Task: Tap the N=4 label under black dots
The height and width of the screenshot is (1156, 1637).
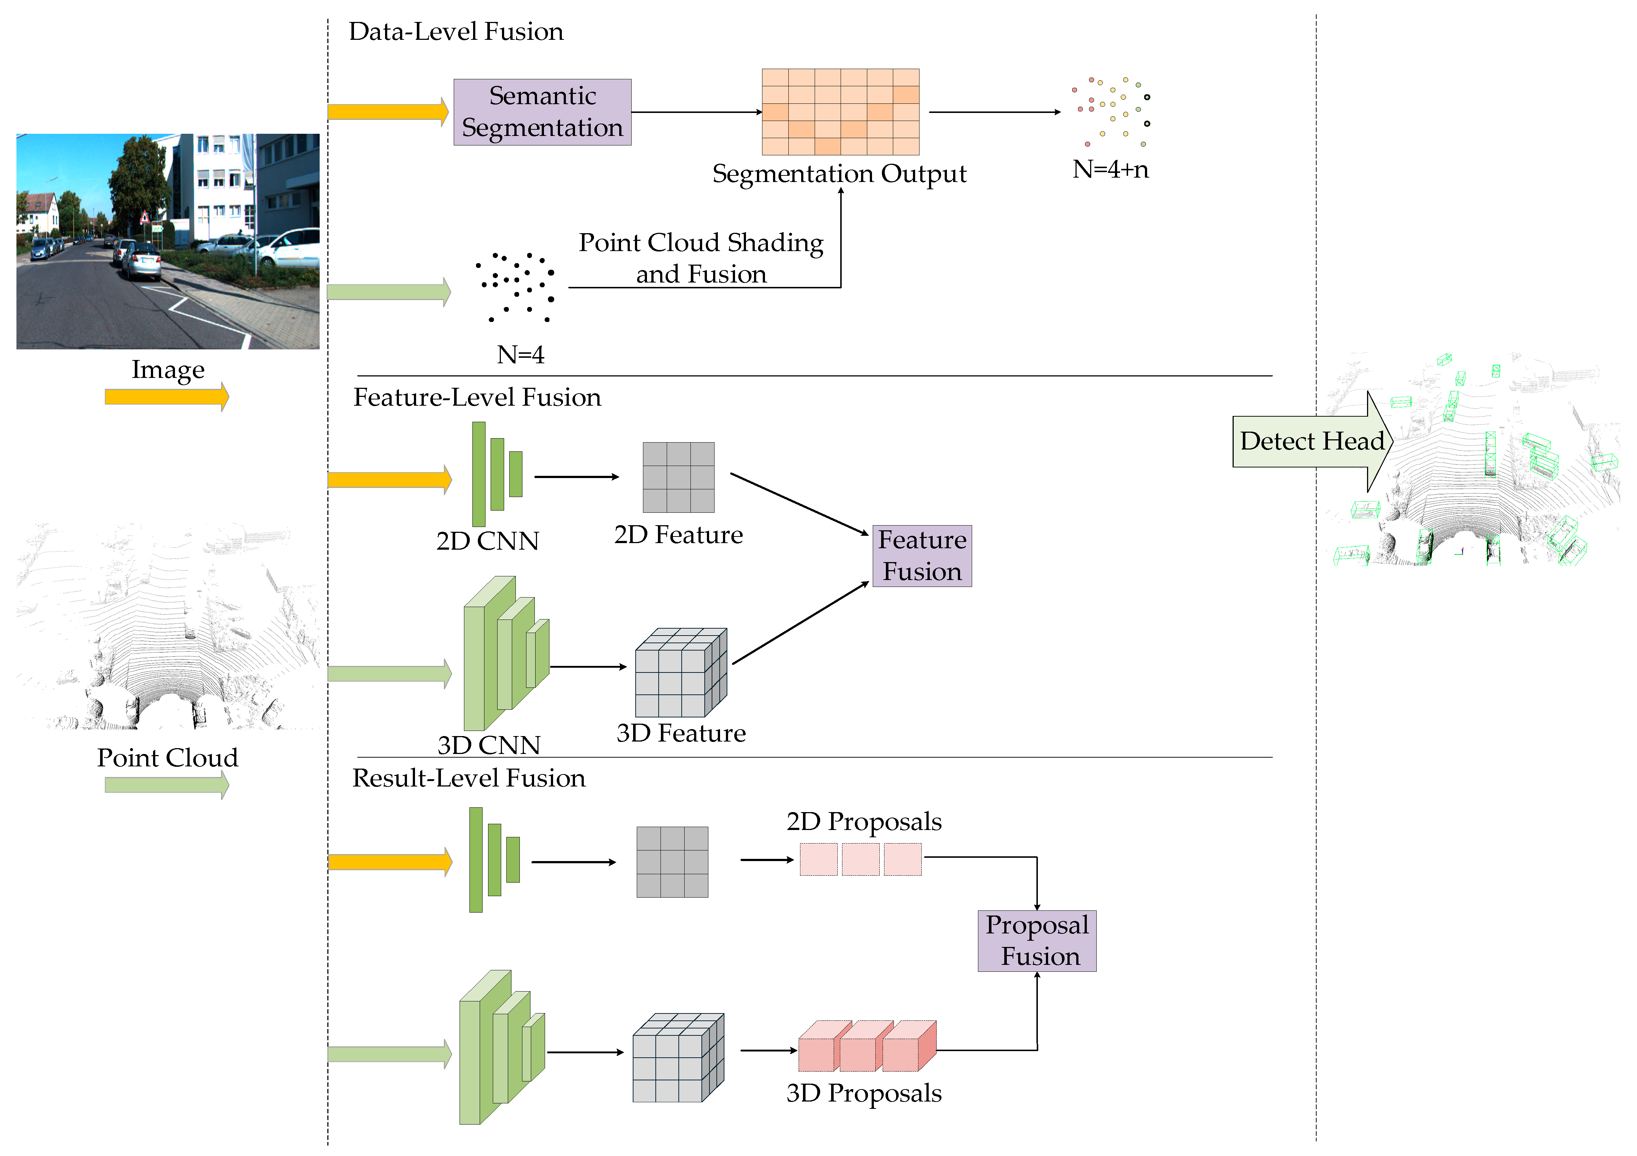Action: [521, 355]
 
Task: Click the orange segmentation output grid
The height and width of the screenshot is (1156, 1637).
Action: [841, 112]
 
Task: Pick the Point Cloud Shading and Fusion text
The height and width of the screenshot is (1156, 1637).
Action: [701, 258]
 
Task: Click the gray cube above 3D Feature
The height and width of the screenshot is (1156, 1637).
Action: [681, 672]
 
